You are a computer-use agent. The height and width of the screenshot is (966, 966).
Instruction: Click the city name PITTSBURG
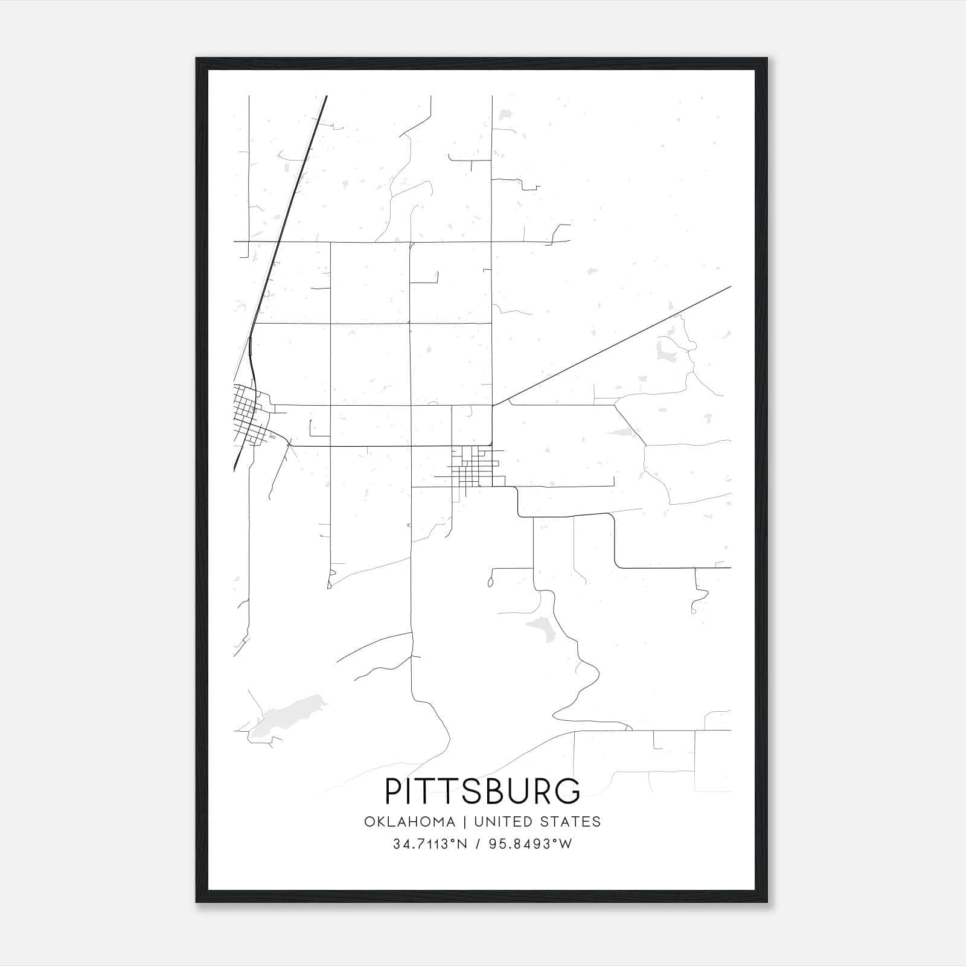482,791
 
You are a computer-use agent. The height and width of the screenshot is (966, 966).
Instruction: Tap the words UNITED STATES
537,822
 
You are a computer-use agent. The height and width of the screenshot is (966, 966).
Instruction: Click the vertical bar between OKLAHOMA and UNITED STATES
465,822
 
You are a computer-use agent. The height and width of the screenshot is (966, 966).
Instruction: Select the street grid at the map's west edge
251,417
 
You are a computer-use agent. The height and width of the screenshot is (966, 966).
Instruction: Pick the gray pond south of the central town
539,628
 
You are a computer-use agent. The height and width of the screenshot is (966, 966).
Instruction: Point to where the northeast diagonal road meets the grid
493,405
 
